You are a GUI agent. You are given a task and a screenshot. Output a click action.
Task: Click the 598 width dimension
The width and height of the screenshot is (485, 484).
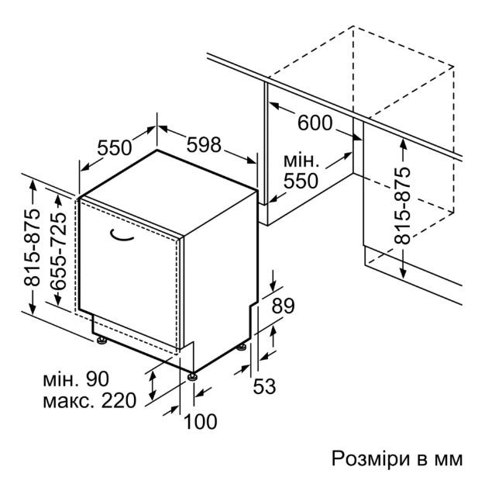[x=204, y=144]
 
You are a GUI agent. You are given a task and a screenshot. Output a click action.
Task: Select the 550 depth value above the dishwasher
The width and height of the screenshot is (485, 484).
[x=115, y=147]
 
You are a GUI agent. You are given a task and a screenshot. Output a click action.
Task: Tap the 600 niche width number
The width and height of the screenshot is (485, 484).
[x=315, y=123]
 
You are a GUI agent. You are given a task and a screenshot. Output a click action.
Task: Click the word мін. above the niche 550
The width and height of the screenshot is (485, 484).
[x=301, y=161]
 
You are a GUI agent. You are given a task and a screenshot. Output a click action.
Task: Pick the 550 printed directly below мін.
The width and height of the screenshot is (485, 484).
[x=301, y=181]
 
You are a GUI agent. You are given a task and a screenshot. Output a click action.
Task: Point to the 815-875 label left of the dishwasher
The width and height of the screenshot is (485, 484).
[x=33, y=247]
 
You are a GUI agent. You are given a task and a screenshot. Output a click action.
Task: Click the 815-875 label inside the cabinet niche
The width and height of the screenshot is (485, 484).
[x=402, y=206]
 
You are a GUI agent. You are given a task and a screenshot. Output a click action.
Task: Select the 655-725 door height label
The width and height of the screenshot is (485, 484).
[x=58, y=251]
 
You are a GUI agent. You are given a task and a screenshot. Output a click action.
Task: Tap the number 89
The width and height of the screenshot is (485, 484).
[x=283, y=306]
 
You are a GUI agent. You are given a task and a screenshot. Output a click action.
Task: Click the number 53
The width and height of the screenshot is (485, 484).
[x=264, y=386]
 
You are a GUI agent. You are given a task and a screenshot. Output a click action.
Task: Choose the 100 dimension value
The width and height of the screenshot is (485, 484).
[x=200, y=421]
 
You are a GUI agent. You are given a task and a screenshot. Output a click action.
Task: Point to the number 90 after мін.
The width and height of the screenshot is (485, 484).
[x=98, y=379]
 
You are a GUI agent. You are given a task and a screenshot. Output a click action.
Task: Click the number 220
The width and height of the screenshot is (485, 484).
[x=119, y=400]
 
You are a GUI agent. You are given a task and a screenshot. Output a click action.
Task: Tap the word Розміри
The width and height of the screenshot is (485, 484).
[x=373, y=459]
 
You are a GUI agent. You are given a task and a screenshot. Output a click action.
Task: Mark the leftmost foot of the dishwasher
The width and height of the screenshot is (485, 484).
[x=101, y=341]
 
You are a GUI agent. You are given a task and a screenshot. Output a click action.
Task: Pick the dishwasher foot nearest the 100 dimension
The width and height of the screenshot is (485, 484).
[x=193, y=376]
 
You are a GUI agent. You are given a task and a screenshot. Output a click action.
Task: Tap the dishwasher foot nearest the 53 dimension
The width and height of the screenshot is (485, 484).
[x=241, y=347]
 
